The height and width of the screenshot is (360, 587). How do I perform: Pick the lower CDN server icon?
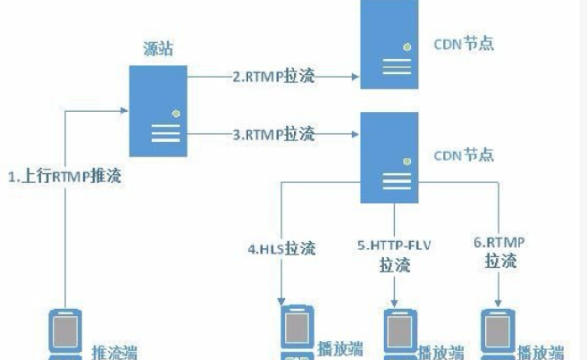(x=395, y=157)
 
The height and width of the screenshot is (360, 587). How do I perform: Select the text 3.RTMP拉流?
(x=273, y=132)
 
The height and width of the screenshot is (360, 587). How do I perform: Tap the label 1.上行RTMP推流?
(x=66, y=177)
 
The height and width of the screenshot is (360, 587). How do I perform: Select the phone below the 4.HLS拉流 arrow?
(x=294, y=336)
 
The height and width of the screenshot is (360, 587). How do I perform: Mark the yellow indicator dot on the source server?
(x=176, y=112)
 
